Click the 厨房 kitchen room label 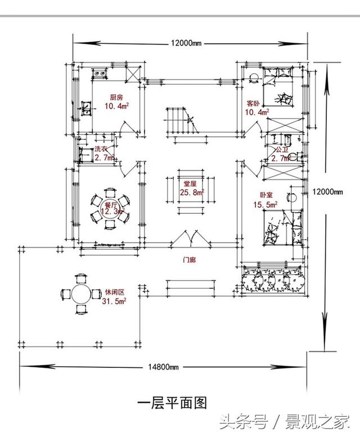[116, 96]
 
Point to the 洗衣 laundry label [101, 149]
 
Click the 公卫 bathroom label [281, 150]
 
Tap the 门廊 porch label [190, 260]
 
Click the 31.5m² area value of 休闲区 [114, 302]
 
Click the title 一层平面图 [172, 403]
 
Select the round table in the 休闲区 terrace [80, 294]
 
